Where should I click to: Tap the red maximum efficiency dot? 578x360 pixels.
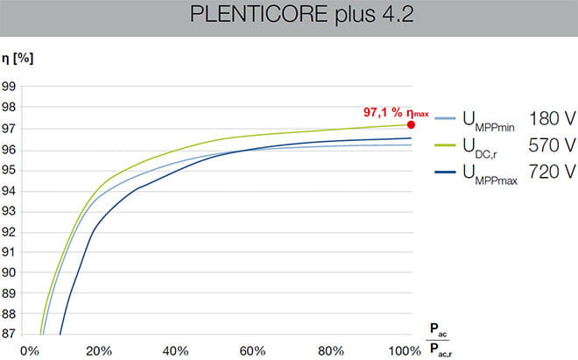[412, 124]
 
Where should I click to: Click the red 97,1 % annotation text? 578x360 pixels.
[384, 112]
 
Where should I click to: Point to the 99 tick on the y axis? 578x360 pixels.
[11, 86]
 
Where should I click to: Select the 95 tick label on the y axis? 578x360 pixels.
[11, 170]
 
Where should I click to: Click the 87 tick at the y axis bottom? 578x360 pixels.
[11, 335]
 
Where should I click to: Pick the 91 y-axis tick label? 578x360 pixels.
[11, 252]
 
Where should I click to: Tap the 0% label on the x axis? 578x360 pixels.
[31, 350]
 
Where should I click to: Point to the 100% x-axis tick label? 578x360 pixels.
[405, 350]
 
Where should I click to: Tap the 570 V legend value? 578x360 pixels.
[552, 143]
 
